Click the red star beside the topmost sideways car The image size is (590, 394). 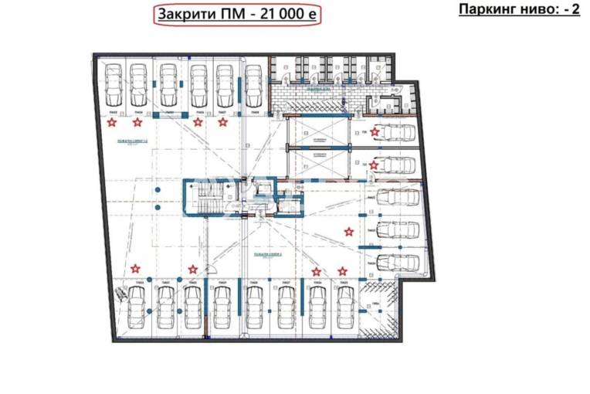(375, 132)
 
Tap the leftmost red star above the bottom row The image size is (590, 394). (136, 269)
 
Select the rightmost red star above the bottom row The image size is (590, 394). (342, 271)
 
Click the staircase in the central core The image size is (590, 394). (205, 198)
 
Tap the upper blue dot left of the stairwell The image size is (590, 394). (158, 189)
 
